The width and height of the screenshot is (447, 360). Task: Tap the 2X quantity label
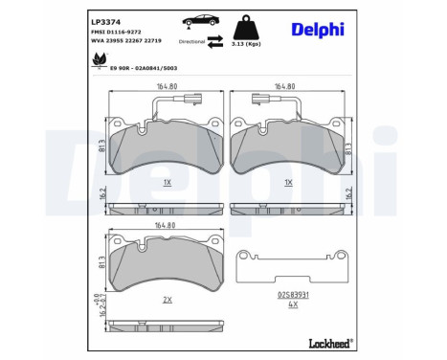[x=167, y=300]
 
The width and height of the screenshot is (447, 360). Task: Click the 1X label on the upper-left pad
[x=167, y=181]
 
